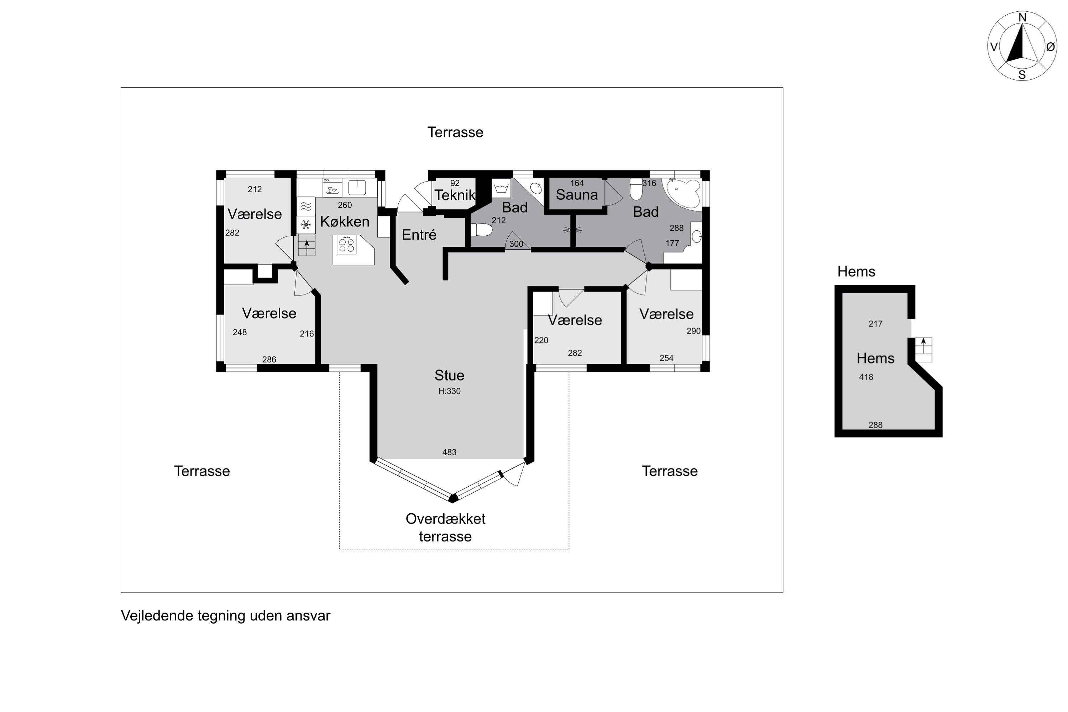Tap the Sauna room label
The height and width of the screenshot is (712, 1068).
tap(577, 195)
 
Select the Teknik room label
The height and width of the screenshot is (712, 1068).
tap(455, 195)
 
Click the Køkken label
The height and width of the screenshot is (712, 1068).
tap(345, 221)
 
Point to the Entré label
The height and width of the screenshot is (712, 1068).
tap(419, 235)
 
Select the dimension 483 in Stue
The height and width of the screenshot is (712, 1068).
tap(449, 452)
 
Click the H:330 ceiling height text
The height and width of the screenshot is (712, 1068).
tap(449, 391)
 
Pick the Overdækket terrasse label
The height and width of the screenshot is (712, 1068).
tap(445, 528)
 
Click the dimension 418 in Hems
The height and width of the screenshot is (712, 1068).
tap(866, 377)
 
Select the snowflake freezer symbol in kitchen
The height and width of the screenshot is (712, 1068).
tap(306, 225)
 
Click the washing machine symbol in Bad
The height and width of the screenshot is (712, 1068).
tap(501, 188)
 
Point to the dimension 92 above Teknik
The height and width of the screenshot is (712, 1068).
tap(455, 183)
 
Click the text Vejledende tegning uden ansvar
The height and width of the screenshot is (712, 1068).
tap(225, 616)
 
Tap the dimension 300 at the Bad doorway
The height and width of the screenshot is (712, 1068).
tap(516, 244)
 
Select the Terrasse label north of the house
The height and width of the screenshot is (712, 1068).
tap(455, 132)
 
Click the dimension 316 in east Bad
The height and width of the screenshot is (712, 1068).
tap(649, 183)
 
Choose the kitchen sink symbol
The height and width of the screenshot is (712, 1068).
tap(357, 187)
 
